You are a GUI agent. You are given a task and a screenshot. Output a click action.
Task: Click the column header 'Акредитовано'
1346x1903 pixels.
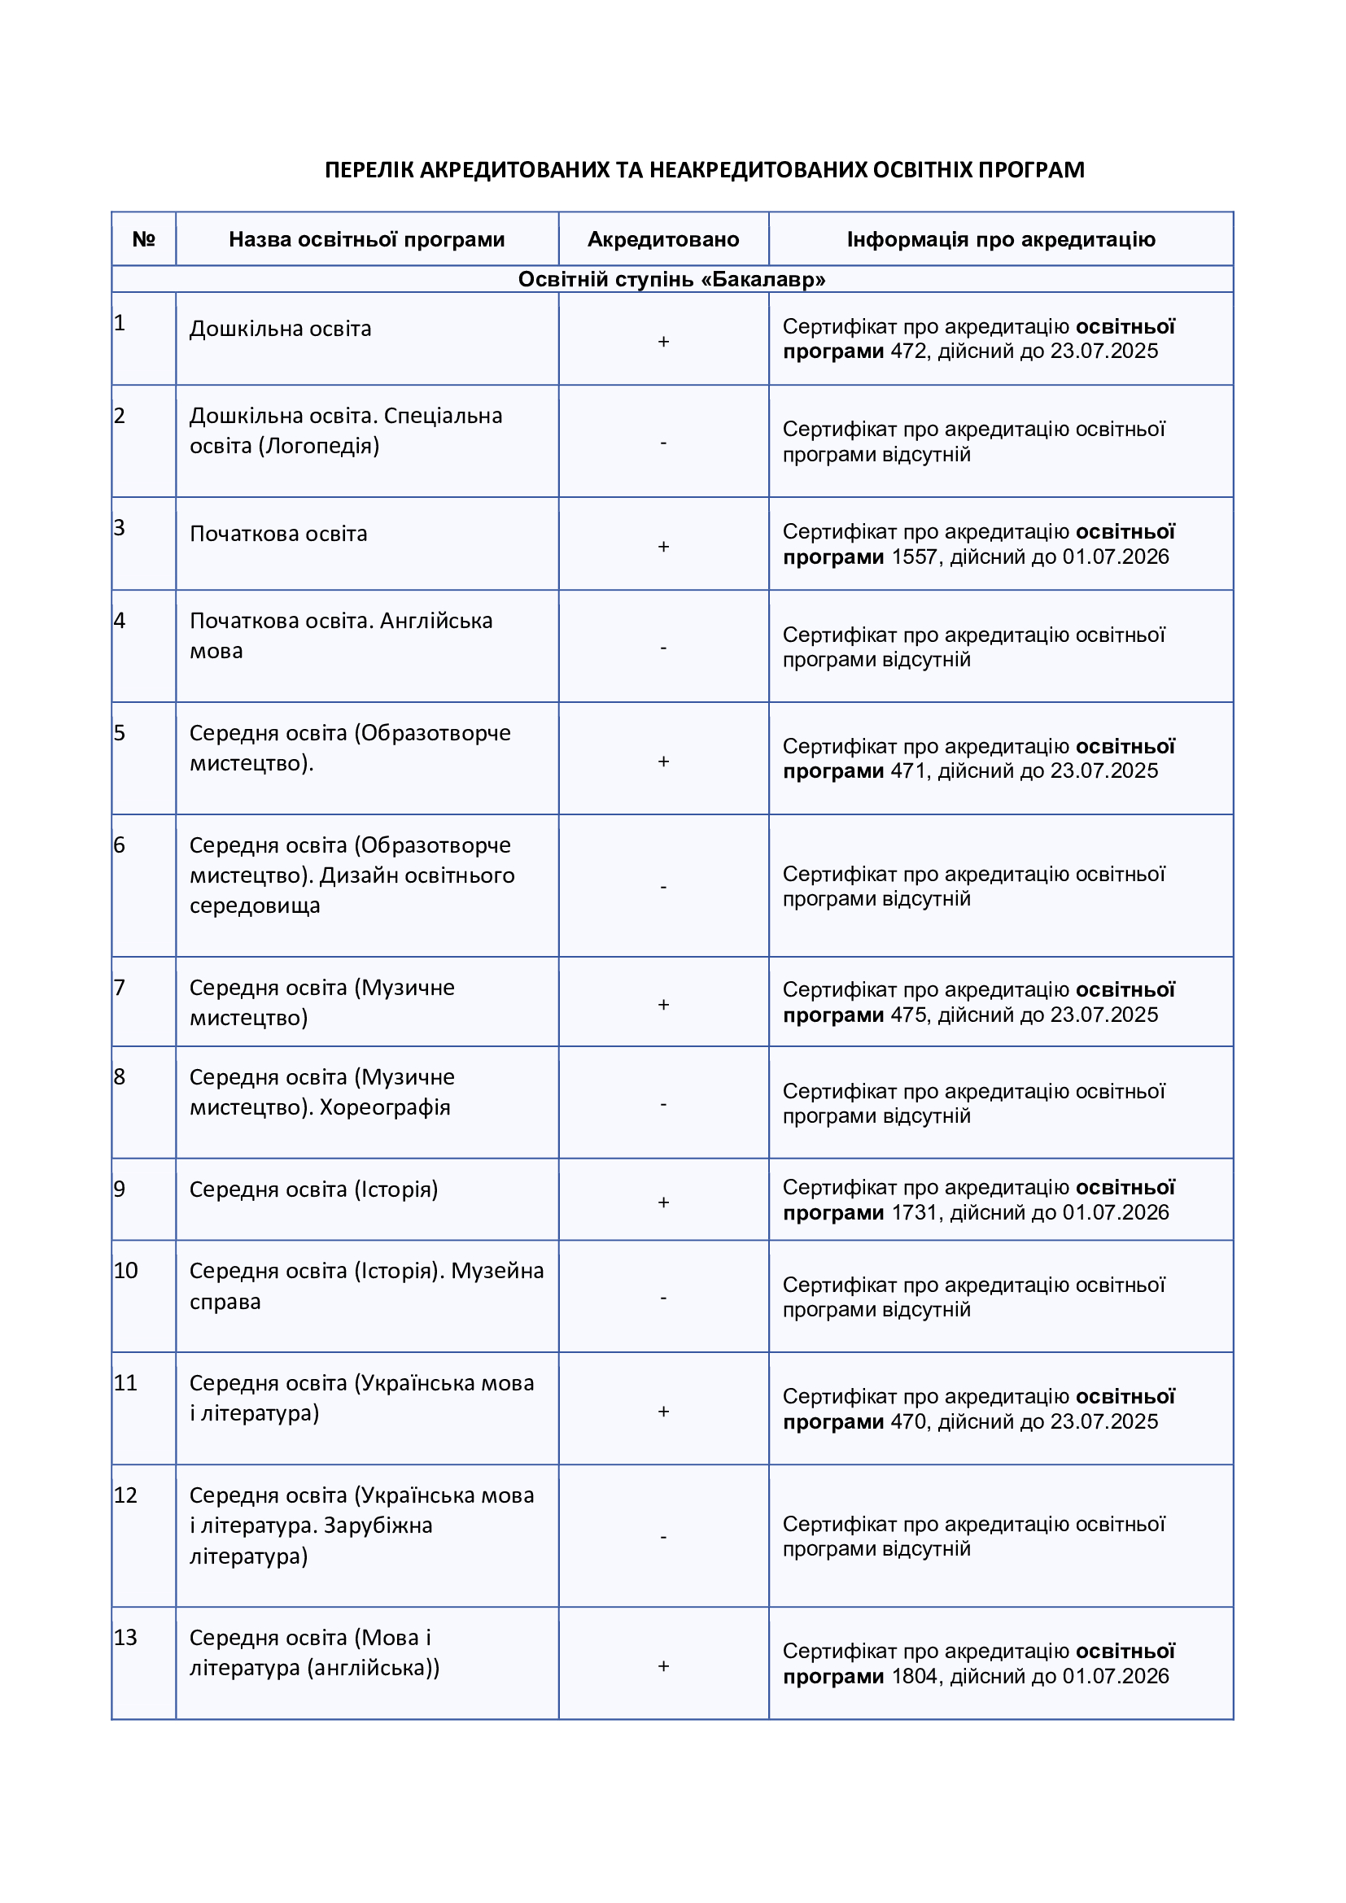[663, 239]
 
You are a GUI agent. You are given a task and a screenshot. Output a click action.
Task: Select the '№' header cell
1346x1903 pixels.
[143, 239]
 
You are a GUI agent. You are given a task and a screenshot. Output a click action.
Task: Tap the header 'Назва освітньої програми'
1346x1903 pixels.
[366, 239]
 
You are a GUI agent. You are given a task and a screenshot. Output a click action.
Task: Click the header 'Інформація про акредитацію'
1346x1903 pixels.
[1000, 239]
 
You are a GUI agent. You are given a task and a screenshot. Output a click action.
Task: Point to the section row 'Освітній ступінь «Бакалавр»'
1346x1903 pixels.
[671, 279]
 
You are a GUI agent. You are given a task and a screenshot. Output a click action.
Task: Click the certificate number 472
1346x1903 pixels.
[908, 351]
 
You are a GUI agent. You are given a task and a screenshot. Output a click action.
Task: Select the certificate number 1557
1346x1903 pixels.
[914, 557]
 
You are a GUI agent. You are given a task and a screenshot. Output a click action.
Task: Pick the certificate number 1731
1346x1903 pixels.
[914, 1212]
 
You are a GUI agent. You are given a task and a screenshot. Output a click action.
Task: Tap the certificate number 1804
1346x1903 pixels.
[914, 1676]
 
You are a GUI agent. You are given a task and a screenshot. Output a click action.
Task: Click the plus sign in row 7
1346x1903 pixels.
[663, 1006]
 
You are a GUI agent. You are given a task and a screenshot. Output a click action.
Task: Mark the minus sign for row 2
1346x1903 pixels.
[663, 443]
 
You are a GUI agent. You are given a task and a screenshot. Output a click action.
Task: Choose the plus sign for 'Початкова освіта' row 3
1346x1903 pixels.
[663, 547]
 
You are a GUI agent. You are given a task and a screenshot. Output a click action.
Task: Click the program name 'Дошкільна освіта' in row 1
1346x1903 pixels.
[280, 329]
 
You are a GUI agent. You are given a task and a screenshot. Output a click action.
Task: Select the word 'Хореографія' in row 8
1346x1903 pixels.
[385, 1107]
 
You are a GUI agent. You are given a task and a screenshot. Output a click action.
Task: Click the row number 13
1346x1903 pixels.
[125, 1638]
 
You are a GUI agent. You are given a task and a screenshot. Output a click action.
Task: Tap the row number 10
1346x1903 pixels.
[125, 1271]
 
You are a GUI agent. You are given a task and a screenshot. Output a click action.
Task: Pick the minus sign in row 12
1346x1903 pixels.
[663, 1537]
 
